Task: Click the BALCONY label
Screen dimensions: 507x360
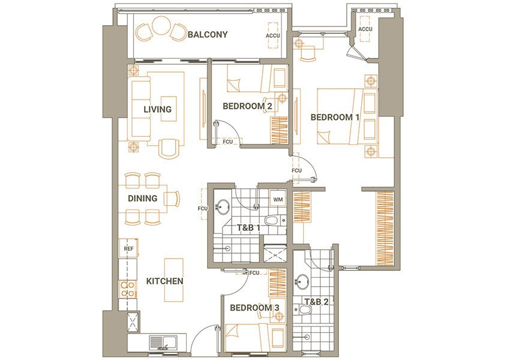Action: (x=208, y=35)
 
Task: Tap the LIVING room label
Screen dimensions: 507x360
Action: (x=157, y=109)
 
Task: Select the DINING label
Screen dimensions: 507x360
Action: (x=143, y=198)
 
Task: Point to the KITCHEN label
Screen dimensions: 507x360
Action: (x=164, y=281)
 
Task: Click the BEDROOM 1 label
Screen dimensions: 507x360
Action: (x=335, y=117)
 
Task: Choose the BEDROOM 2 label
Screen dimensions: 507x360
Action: (x=247, y=106)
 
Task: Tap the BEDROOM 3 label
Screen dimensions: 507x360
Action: (x=254, y=308)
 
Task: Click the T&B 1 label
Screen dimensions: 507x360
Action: (x=248, y=228)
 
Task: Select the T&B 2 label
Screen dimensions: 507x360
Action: (x=317, y=302)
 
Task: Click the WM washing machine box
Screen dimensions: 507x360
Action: (x=278, y=199)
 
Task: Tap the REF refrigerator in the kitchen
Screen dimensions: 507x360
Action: (x=128, y=248)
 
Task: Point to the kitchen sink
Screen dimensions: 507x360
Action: (x=163, y=343)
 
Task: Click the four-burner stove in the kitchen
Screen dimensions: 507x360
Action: (x=127, y=289)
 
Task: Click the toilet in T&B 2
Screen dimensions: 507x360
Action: (x=302, y=310)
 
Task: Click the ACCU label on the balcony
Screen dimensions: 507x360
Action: (x=272, y=35)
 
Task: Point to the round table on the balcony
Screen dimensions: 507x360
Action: (x=161, y=26)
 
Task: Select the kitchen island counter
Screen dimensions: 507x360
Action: (x=173, y=280)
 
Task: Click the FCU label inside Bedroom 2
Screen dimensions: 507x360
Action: (x=227, y=142)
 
